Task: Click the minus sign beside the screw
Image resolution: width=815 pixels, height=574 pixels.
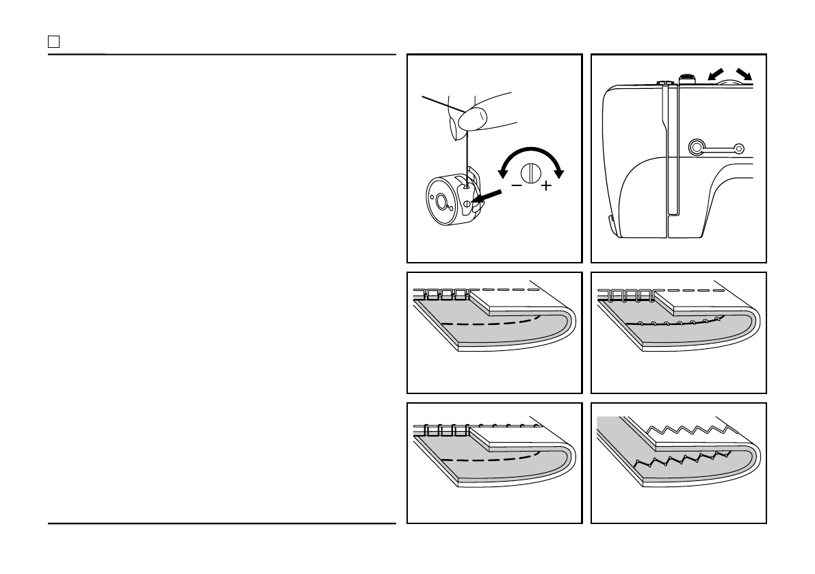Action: click(x=517, y=185)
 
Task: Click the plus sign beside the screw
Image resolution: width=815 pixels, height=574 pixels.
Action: click(x=546, y=186)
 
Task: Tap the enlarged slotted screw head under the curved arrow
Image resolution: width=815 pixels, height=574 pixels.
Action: click(x=531, y=172)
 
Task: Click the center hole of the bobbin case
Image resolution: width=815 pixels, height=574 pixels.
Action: click(x=441, y=201)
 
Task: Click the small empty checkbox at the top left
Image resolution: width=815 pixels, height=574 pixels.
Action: click(x=53, y=42)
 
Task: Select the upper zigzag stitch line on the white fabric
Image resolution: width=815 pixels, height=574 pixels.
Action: click(x=684, y=431)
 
